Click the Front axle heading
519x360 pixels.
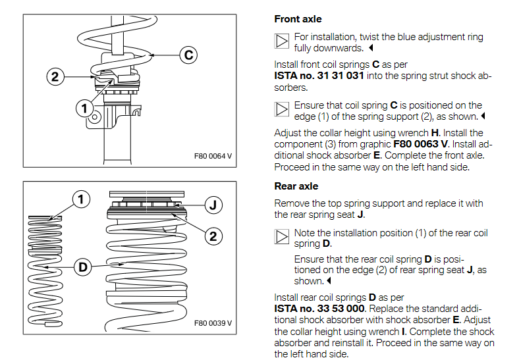pyautogui.click(x=298, y=19)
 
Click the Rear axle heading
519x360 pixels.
pyautogui.click(x=296, y=186)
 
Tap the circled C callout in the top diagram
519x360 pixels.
pyautogui.click(x=188, y=55)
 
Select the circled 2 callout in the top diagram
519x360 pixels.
pyautogui.click(x=55, y=76)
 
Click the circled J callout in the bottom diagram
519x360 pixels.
pyautogui.click(x=212, y=204)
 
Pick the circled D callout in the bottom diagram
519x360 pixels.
pyautogui.click(x=83, y=267)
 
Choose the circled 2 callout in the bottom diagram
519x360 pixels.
pyautogui.click(x=213, y=235)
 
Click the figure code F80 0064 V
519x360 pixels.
pyautogui.click(x=213, y=156)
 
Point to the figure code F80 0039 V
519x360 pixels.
pyautogui.click(x=213, y=323)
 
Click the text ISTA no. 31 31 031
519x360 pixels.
pyautogui.click(x=318, y=76)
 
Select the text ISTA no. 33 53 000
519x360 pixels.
pyautogui.click(x=319, y=308)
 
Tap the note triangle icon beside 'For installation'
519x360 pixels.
pyautogui.click(x=281, y=41)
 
